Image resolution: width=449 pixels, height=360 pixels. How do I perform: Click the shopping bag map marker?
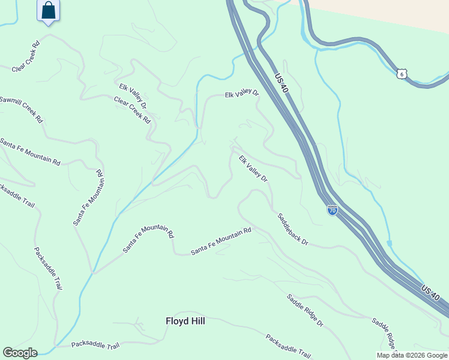click(x=49, y=11)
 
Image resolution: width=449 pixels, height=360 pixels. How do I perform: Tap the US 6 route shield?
click(x=402, y=73)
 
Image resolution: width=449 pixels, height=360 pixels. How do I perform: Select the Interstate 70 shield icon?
click(x=332, y=210)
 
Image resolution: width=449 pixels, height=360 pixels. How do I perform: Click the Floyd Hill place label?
click(x=185, y=321)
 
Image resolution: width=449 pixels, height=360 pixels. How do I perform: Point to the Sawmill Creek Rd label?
click(x=21, y=109)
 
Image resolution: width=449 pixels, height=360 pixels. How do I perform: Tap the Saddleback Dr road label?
click(x=292, y=229)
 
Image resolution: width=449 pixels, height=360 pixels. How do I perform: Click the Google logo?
click(x=20, y=353)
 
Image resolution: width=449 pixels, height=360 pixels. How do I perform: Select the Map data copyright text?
click(x=412, y=355)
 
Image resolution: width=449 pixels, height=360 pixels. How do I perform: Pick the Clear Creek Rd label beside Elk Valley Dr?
click(x=132, y=109)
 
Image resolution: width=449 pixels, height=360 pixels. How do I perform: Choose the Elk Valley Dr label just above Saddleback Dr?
click(x=253, y=169)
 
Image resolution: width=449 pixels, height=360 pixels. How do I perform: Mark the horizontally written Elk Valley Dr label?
click(x=241, y=94)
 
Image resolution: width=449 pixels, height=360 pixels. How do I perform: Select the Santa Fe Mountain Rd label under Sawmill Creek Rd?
click(x=30, y=152)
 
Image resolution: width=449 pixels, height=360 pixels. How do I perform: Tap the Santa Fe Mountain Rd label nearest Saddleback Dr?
click(x=221, y=242)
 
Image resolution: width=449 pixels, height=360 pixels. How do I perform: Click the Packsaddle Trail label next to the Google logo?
click(x=95, y=345)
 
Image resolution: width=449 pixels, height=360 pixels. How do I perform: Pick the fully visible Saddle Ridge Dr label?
click(x=304, y=310)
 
